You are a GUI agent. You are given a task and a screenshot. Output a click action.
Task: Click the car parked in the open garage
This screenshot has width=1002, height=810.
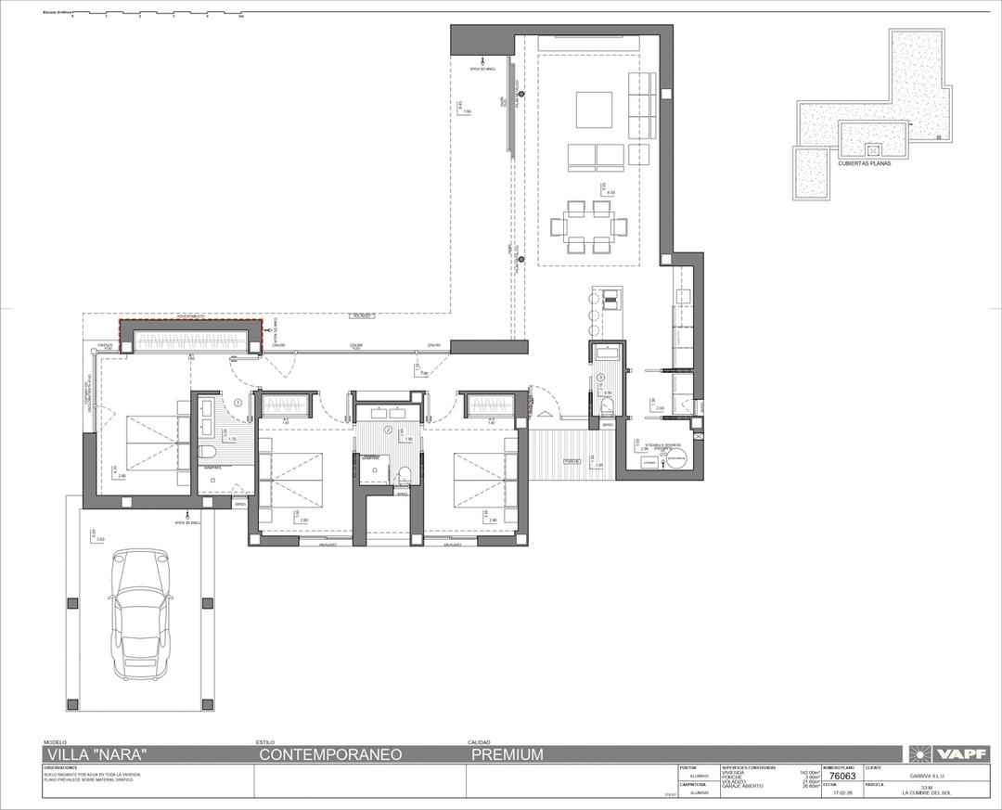pyautogui.click(x=141, y=613)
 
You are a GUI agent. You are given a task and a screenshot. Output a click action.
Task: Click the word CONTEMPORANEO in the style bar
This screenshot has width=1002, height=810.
pyautogui.click(x=330, y=754)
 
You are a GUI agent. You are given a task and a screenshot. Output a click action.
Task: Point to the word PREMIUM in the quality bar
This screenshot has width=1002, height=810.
pyautogui.click(x=507, y=754)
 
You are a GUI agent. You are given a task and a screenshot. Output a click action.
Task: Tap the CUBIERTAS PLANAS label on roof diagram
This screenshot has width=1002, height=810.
pyautogui.click(x=864, y=162)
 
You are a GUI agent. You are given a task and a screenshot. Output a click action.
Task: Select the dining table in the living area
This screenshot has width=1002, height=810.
pyautogui.click(x=588, y=226)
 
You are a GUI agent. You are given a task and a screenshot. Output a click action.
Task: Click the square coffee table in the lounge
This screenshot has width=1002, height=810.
pyautogui.click(x=594, y=109)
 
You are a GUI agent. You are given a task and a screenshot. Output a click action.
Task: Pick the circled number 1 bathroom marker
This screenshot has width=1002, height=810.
pyautogui.click(x=238, y=403)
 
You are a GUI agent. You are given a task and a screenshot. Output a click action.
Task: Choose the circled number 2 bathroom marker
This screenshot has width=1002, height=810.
pyautogui.click(x=388, y=430)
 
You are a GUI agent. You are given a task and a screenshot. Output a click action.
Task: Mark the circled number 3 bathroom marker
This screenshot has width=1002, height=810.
pyautogui.click(x=601, y=378)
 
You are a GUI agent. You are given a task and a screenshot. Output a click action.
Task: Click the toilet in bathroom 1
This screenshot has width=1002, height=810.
pyautogui.click(x=207, y=451)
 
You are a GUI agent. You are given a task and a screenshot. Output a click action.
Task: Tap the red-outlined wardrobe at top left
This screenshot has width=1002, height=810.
pyautogui.click(x=190, y=337)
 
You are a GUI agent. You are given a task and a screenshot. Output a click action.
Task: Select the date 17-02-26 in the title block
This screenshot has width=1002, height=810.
pyautogui.click(x=843, y=793)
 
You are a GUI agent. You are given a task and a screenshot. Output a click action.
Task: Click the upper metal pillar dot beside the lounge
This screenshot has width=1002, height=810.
pyautogui.click(x=522, y=95)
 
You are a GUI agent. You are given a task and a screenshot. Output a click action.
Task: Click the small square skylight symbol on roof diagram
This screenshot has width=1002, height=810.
pyautogui.click(x=872, y=149)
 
